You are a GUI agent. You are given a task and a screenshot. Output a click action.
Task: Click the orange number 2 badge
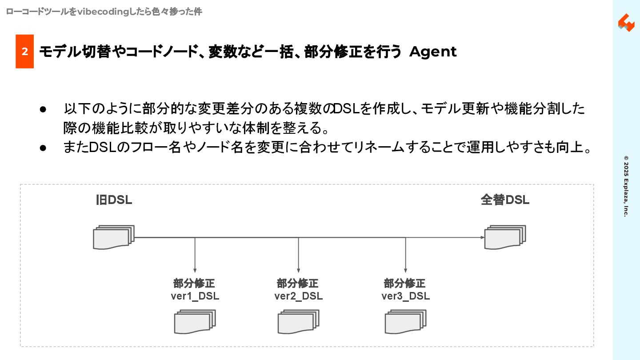pyautogui.click(x=25, y=52)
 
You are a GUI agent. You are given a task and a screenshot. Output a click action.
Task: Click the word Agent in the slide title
pyautogui.click(x=432, y=52)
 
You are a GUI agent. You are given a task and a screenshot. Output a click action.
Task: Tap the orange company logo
pyautogui.click(x=626, y=23)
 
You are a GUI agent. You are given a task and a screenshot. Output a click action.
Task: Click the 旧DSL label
pyautogui.click(x=114, y=200)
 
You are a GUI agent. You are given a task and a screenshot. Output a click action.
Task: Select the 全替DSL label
pyautogui.click(x=505, y=200)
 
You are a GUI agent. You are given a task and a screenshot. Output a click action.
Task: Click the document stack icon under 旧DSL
pyautogui.click(x=113, y=237)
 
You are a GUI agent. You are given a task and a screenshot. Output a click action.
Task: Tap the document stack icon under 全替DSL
pyautogui.click(x=505, y=237)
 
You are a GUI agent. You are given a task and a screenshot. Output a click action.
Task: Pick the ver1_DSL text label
pyautogui.click(x=195, y=296)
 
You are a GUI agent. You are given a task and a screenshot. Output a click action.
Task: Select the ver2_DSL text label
pyautogui.click(x=298, y=296)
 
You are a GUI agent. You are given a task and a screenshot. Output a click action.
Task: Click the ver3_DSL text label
pyautogui.click(x=405, y=296)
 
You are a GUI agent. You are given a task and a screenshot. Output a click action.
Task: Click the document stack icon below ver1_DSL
pyautogui.click(x=194, y=322)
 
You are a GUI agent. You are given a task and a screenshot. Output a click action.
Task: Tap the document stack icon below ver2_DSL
pyautogui.click(x=298, y=322)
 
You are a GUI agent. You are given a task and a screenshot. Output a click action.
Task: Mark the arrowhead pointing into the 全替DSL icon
pyautogui.click(x=482, y=237)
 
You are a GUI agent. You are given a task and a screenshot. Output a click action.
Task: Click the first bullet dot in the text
pyautogui.click(x=43, y=109)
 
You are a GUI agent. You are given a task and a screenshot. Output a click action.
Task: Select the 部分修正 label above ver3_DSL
pyautogui.click(x=404, y=284)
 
